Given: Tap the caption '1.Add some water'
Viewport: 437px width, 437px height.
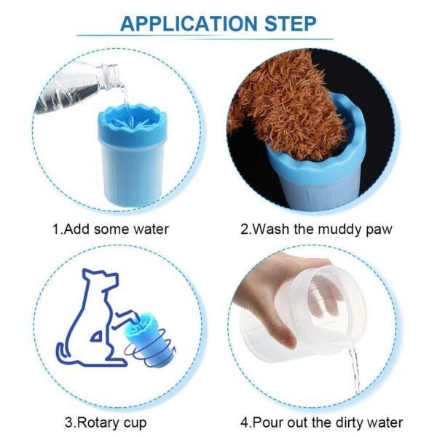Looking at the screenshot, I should [110, 229].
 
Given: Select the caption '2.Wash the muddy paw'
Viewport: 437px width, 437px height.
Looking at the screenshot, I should [316, 229].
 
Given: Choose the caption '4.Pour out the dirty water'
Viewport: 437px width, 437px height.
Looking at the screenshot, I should [321, 422].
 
